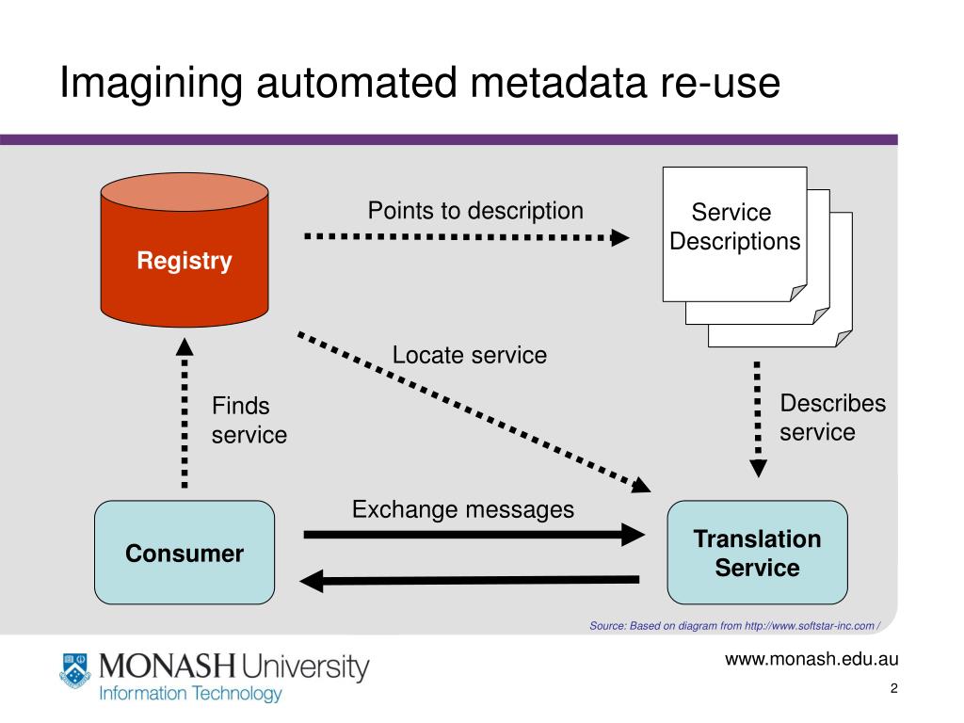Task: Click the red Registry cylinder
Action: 185,249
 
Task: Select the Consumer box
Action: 185,552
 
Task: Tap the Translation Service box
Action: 758,552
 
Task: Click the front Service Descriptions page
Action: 734,234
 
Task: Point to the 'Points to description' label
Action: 475,211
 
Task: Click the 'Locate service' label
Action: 470,355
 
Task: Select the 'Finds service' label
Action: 249,421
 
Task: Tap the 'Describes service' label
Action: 832,417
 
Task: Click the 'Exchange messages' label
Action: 463,509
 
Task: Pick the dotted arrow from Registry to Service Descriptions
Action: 467,236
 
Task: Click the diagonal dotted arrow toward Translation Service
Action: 474,412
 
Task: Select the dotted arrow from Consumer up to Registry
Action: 185,413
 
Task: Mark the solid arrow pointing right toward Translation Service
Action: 474,535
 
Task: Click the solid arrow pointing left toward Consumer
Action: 469,580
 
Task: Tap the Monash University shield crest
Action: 75,670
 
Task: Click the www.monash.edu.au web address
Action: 811,659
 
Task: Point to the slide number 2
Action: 894,688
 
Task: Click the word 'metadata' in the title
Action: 558,83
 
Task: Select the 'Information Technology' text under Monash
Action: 190,694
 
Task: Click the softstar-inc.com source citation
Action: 734,626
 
